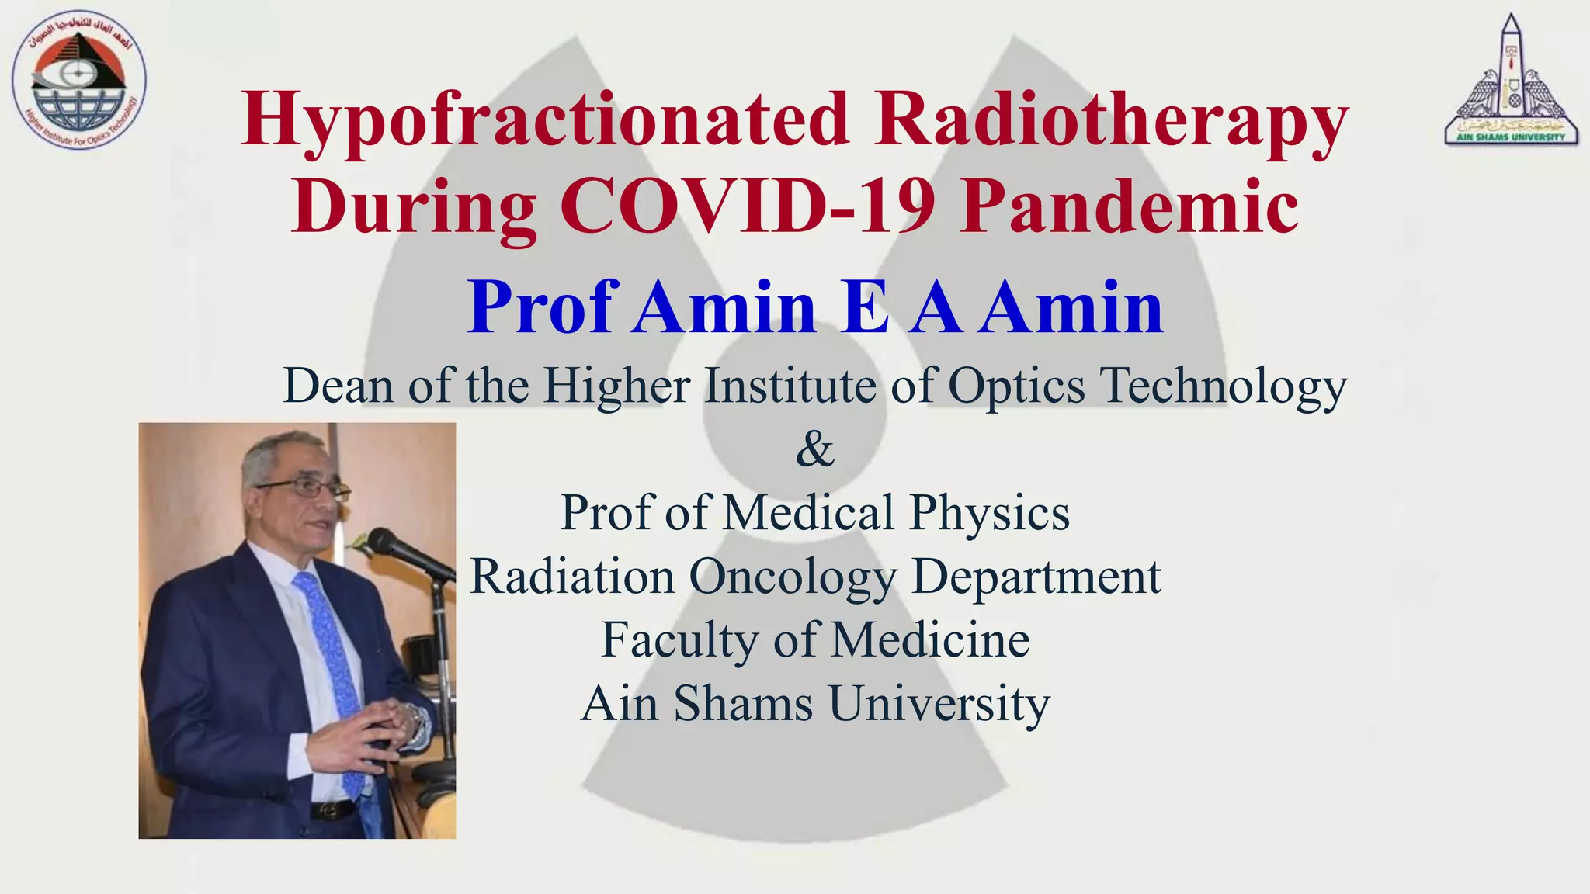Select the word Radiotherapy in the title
1111,120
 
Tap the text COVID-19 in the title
748,206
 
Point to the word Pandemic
1128,206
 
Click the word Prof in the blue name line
543,307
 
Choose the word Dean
339,386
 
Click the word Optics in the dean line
1016,386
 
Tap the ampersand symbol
814,449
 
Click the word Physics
990,513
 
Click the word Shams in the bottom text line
743,704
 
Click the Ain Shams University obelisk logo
1511,81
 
